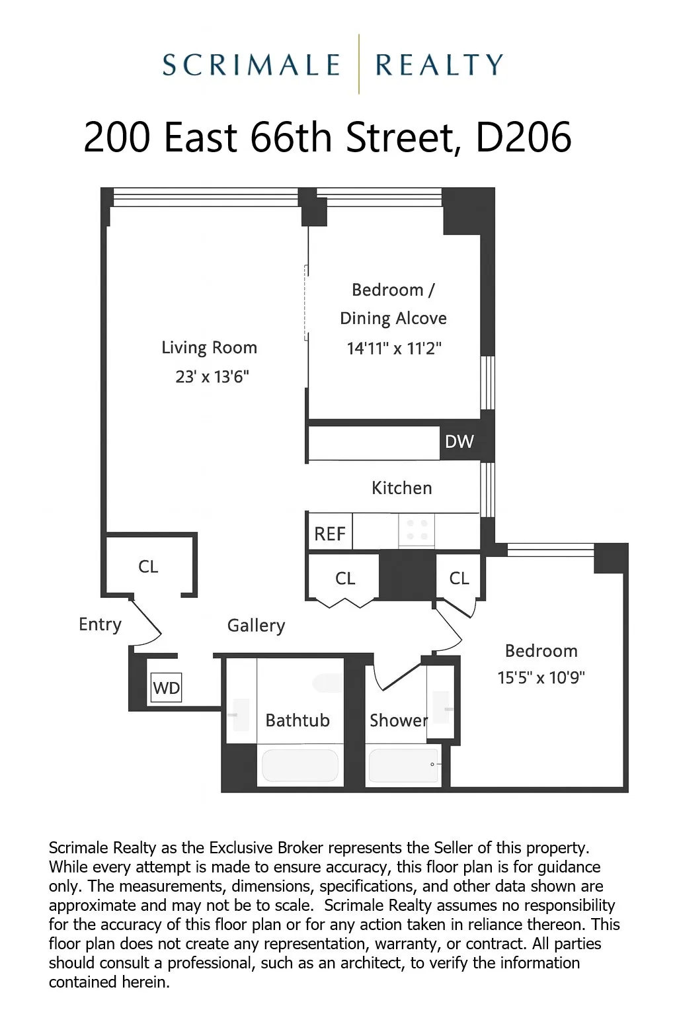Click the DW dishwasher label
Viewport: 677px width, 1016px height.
click(x=459, y=441)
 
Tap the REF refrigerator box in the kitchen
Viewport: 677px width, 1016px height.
click(x=330, y=533)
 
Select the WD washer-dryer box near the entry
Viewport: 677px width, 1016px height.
click(x=166, y=688)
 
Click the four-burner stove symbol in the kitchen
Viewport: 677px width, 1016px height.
click(x=417, y=530)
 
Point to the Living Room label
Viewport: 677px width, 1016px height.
click(x=209, y=348)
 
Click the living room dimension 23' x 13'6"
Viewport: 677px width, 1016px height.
click(x=212, y=377)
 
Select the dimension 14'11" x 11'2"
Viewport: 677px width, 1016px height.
click(x=393, y=348)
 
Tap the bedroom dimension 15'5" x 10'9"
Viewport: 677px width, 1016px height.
click(x=541, y=678)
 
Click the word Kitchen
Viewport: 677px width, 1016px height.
click(x=401, y=488)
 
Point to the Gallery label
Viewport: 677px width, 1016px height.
click(x=256, y=626)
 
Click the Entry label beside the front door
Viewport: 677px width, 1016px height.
click(x=100, y=624)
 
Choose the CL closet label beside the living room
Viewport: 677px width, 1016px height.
click(x=148, y=567)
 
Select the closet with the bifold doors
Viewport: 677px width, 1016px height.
click(x=344, y=578)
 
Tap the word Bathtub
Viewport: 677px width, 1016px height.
click(x=297, y=720)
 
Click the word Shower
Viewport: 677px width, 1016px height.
click(x=398, y=720)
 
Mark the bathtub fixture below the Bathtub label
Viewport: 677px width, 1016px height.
click(x=300, y=765)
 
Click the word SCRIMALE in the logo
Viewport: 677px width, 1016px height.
click(x=251, y=65)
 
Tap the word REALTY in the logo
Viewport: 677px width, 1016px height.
click(x=439, y=65)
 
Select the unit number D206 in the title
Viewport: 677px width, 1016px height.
click(x=523, y=138)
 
